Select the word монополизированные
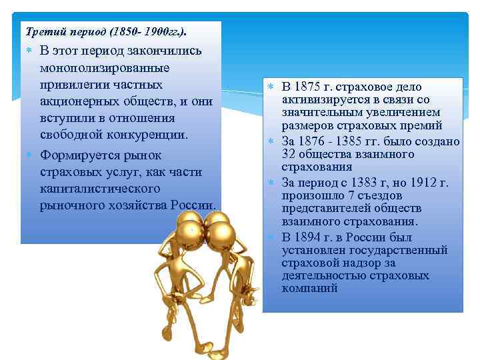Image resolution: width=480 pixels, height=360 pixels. (x=104, y=68)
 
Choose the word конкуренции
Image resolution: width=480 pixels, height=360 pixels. (x=151, y=134)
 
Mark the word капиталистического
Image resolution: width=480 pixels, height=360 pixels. (x=100, y=189)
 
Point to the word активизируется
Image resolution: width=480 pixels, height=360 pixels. (x=323, y=100)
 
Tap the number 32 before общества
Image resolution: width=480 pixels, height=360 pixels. (x=288, y=154)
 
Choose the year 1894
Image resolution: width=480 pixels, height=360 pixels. (x=310, y=237)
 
